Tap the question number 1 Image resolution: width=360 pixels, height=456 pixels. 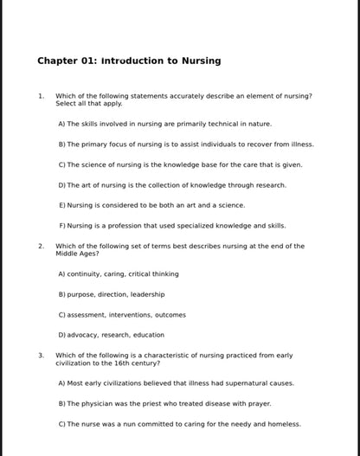(x=41, y=96)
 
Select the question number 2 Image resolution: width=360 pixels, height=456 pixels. (x=41, y=246)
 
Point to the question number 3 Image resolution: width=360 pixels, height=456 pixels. (x=41, y=355)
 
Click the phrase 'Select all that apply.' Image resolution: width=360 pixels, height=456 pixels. (x=89, y=104)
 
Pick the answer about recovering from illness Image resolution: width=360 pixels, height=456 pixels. (x=186, y=144)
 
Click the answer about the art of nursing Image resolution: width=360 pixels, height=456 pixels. (x=171, y=184)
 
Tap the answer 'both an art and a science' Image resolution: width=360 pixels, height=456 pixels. (x=151, y=205)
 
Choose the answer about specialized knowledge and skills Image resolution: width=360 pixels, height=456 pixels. (x=171, y=225)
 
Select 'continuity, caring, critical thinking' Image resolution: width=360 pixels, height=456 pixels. (x=119, y=273)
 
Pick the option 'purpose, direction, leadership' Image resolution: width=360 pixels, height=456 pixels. (x=112, y=294)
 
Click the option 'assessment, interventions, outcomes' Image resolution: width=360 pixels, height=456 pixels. (x=122, y=314)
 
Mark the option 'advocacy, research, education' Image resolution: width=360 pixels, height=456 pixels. (x=111, y=335)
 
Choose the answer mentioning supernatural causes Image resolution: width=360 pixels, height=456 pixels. (x=176, y=382)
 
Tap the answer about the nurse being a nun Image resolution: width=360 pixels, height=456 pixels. (x=179, y=424)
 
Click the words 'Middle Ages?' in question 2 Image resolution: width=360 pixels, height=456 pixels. (x=77, y=254)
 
